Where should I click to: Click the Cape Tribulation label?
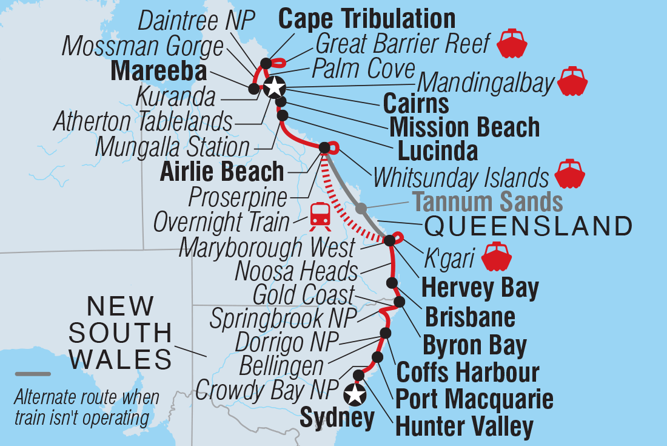(x=367, y=19)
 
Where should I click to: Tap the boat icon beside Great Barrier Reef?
(x=512, y=42)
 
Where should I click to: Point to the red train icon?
(x=320, y=217)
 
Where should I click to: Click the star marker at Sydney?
(x=355, y=395)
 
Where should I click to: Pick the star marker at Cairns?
(x=274, y=87)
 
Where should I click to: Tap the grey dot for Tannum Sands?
(x=361, y=208)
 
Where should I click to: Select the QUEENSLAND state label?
(x=528, y=226)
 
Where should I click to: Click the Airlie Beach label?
(x=221, y=172)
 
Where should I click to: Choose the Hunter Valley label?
(x=464, y=426)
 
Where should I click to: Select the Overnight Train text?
(x=221, y=222)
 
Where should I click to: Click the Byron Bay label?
(x=474, y=346)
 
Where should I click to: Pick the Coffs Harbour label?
(x=468, y=372)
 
